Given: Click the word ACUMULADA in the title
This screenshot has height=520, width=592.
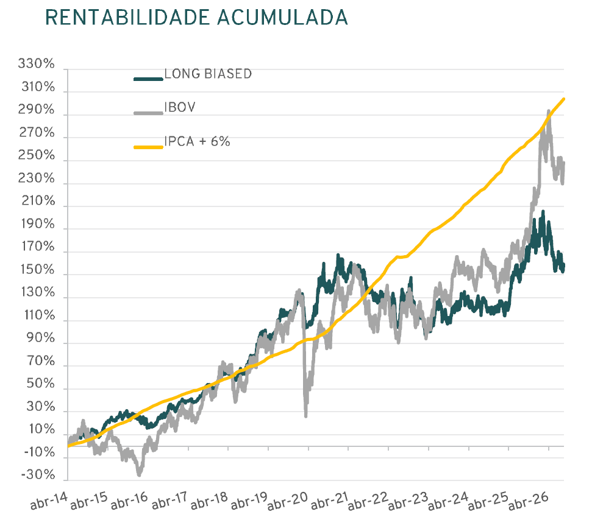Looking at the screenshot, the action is [282, 17].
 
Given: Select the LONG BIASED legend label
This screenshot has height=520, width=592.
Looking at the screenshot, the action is [208, 74].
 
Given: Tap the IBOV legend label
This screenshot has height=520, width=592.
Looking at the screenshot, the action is [180, 107].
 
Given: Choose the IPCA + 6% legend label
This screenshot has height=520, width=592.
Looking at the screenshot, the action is [197, 141].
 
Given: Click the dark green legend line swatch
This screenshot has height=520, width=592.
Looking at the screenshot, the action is [149, 79].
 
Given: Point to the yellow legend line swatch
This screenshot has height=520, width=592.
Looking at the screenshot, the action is [149, 147].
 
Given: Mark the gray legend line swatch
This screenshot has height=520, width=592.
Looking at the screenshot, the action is [149, 113].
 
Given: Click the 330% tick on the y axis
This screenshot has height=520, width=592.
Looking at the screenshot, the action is [36, 63].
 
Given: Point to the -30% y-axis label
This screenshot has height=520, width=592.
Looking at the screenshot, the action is [38, 474].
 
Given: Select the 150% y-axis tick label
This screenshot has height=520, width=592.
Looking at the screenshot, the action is [37, 269].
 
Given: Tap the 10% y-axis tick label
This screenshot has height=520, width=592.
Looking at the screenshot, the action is [41, 429].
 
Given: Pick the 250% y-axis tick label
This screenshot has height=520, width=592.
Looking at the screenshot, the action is [36, 155].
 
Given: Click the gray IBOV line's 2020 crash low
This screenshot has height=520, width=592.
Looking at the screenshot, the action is [305, 416].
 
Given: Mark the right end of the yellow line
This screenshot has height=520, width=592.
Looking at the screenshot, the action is [564, 99].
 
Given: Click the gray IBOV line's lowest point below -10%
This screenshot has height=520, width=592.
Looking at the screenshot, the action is [139, 476].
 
